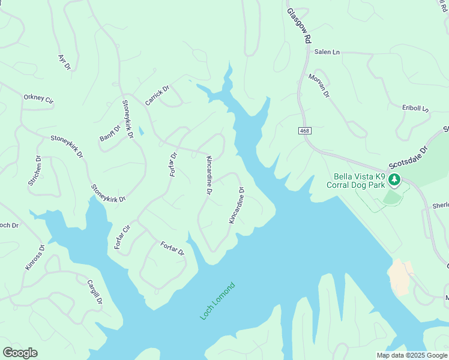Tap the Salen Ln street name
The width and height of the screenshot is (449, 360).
tap(327, 52)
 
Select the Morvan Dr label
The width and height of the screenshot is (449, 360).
tap(319, 85)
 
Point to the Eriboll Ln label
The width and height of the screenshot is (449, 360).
tap(415, 109)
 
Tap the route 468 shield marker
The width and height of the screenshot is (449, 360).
tap(304, 130)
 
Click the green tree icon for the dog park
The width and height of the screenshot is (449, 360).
tap(394, 179)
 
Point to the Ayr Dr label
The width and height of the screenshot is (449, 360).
tap(64, 62)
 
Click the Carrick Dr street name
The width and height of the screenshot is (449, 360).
tap(157, 95)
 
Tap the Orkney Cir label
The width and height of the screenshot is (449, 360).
tap(38, 99)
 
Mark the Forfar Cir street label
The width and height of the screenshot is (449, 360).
tap(122, 236)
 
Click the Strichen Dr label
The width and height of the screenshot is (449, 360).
tap(34, 170)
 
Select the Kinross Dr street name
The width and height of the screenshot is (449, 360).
tap(35, 257)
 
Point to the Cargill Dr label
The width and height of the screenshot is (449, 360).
tap(95, 292)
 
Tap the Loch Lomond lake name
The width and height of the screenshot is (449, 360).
tap(217, 301)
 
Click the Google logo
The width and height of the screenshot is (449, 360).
tap(20, 353)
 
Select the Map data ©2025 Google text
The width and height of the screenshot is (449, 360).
tap(412, 355)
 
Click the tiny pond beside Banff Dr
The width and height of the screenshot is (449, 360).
tap(141, 130)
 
